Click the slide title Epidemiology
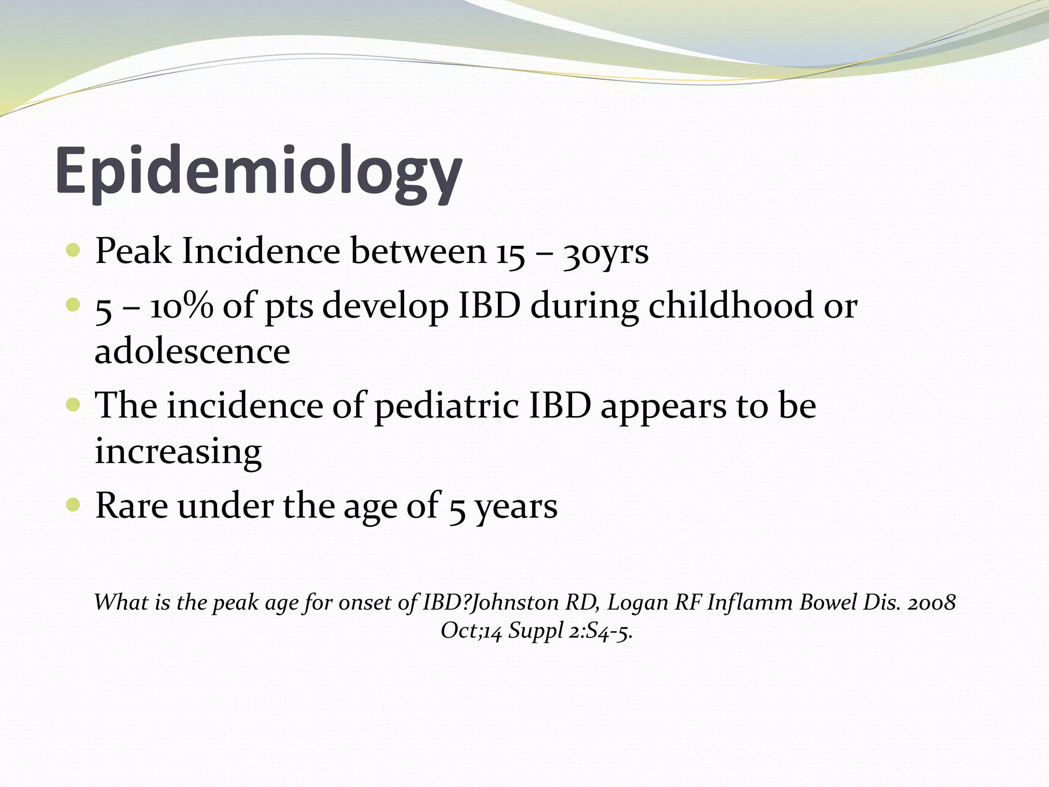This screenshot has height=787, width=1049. coord(259,172)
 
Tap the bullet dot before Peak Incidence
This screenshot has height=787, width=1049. coord(73,251)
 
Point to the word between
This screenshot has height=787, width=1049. coord(418,252)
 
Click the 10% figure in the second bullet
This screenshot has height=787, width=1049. coord(182,306)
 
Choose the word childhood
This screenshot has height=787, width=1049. coord(731,305)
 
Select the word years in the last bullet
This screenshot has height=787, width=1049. coord(516,507)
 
